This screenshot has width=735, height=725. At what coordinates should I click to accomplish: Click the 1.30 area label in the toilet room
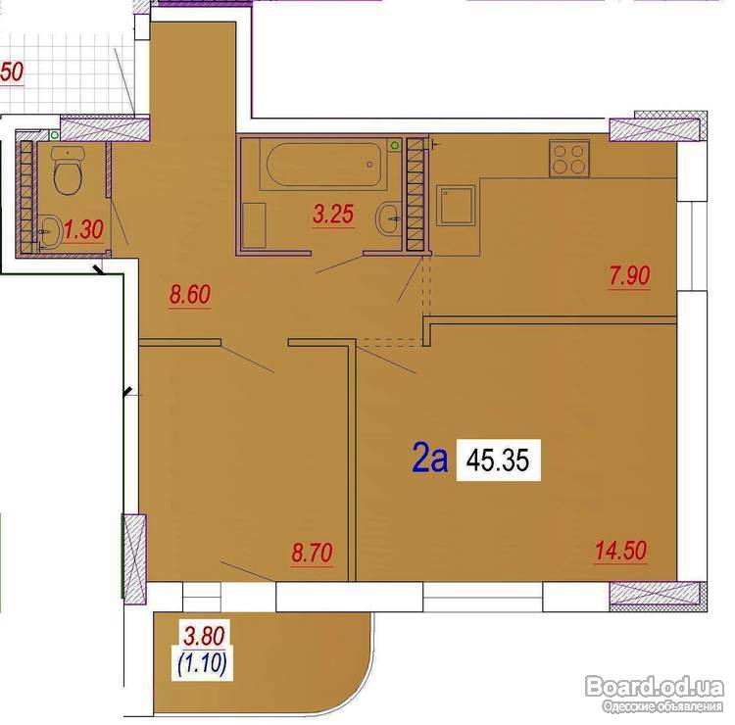(x=83, y=229)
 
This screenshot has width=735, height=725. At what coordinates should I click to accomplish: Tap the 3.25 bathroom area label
(x=333, y=215)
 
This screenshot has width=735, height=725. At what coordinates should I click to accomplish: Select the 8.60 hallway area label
(x=190, y=295)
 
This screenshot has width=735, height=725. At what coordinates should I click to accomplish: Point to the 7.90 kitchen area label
(x=629, y=275)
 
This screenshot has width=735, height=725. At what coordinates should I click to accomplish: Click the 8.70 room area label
(x=312, y=553)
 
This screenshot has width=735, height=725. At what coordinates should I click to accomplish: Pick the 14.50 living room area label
(x=621, y=551)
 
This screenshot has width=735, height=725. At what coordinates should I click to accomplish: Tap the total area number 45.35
(x=498, y=460)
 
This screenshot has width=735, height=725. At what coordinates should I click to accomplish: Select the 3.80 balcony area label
(x=204, y=637)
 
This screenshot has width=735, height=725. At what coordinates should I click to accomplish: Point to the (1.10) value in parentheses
(x=203, y=663)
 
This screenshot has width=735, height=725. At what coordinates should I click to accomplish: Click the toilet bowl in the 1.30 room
(x=69, y=170)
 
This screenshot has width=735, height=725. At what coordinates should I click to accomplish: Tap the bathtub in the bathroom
(x=323, y=165)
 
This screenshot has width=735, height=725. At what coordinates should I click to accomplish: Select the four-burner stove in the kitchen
(x=569, y=159)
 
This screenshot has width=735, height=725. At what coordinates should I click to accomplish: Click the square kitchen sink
(x=456, y=205)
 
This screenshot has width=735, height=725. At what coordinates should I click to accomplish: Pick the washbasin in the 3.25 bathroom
(x=389, y=218)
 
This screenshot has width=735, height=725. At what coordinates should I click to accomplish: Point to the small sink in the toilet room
(x=49, y=231)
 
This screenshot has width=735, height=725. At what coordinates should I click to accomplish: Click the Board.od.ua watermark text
(x=655, y=687)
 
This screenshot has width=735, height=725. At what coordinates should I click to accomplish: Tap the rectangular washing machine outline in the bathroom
(x=254, y=225)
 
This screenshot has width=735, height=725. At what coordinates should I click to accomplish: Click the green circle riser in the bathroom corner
(x=395, y=145)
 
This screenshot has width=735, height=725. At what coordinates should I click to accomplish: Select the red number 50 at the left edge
(x=12, y=72)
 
